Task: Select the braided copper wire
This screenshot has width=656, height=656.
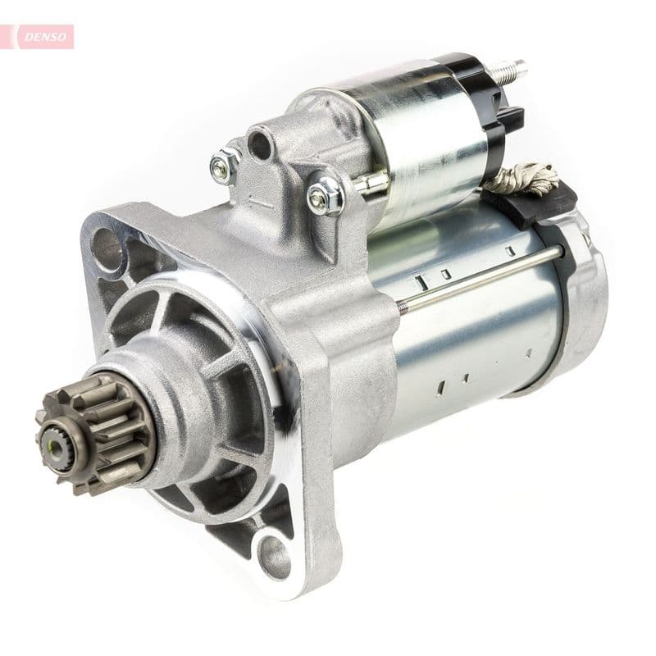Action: point(530,176)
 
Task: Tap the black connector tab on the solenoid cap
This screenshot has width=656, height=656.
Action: point(512,123)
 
